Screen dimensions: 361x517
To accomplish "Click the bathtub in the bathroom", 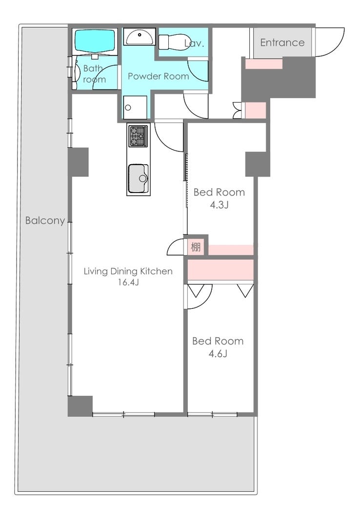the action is (x=95, y=42).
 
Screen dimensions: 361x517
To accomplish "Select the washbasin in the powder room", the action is (x=140, y=36).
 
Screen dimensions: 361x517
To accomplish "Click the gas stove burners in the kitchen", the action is (x=138, y=136).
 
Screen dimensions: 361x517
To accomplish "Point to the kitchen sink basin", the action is (x=138, y=178).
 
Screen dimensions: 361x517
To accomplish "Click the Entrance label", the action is (x=282, y=42).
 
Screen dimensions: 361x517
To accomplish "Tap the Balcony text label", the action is (x=45, y=220).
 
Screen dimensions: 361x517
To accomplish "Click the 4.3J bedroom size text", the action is (x=219, y=205).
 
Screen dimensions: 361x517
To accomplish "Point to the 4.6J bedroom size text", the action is (x=218, y=354).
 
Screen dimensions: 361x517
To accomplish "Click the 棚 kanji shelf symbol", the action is (x=196, y=247).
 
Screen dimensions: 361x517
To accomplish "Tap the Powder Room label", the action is (x=158, y=76).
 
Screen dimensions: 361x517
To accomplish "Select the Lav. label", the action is (x=194, y=43).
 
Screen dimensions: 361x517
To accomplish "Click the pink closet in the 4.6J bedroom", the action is (x=221, y=270).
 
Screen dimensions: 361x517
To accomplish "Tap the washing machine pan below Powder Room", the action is (x=135, y=107).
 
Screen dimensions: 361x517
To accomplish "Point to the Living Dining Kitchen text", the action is (x=128, y=271).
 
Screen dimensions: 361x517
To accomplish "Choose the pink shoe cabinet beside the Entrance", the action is (x=263, y=64).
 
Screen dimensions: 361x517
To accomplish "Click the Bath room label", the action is (x=94, y=74).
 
